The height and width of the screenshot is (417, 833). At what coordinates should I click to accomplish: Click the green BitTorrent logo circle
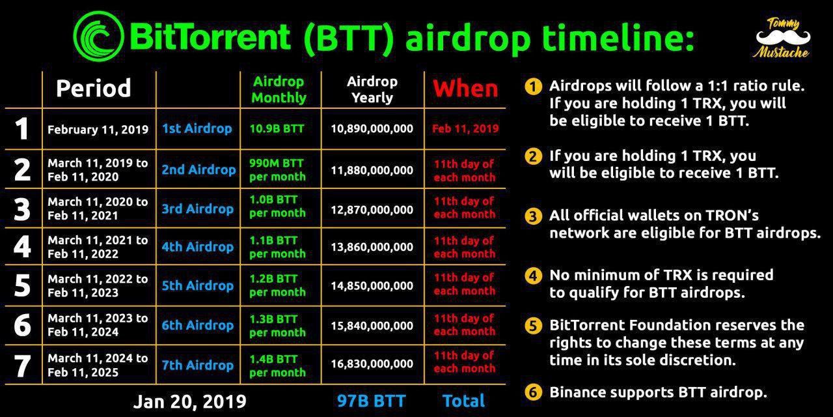coord(98,36)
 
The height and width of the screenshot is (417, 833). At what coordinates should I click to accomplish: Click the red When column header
coord(465,89)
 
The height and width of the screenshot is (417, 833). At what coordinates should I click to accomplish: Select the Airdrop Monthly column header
coord(279,89)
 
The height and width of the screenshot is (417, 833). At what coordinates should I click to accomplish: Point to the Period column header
coord(93,88)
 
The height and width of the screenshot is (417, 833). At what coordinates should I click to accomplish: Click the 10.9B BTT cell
coord(277,129)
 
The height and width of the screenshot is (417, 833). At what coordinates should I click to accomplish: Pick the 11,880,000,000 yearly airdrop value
coord(372,170)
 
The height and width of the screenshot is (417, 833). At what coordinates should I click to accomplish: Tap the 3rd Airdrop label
coord(197,208)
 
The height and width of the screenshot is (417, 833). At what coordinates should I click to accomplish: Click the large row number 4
coord(22,246)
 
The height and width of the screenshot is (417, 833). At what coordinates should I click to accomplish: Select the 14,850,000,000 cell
coord(372,285)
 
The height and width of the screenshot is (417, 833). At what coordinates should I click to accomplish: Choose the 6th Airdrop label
coord(197,325)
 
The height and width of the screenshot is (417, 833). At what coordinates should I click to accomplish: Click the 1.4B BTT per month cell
coord(277,366)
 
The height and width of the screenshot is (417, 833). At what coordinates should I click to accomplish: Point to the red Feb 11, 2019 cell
coord(465,129)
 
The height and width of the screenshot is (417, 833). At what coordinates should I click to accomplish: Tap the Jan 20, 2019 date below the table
coord(189,401)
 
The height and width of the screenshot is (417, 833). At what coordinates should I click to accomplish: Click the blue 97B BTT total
coord(371,401)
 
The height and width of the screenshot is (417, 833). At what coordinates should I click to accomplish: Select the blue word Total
coord(464,401)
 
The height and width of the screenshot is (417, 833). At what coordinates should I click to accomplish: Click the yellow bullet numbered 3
coord(533,216)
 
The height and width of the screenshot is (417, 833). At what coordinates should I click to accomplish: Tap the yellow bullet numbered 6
coord(533,392)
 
